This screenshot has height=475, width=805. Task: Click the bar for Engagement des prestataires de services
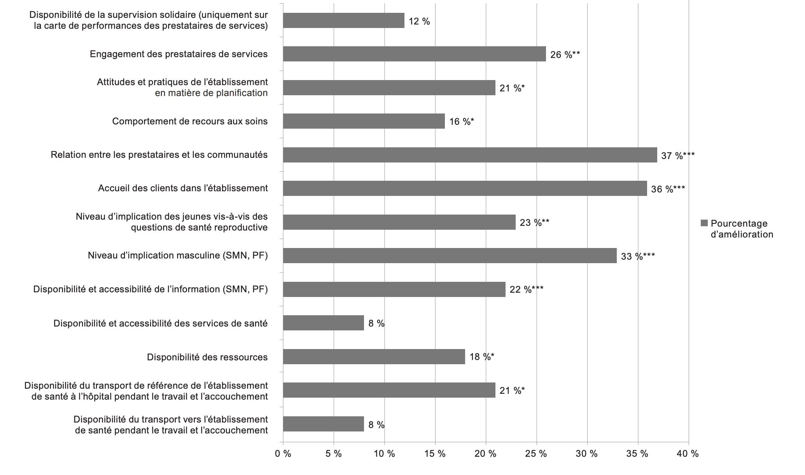click(414, 54)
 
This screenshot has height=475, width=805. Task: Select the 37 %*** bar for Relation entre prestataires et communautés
click(470, 155)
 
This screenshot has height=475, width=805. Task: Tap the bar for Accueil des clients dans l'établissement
click(465, 189)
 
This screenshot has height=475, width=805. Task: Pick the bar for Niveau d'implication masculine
click(450, 256)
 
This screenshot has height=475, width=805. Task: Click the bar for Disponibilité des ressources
click(374, 357)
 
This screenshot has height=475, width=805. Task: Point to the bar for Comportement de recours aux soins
click(364, 121)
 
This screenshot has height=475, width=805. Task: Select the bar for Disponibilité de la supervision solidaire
click(343, 21)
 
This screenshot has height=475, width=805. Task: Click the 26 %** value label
click(565, 55)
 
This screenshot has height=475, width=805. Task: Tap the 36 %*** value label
click(668, 189)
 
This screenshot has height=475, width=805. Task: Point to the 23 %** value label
click(534, 223)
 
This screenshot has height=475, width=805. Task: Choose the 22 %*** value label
click(526, 290)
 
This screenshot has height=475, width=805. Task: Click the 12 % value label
click(419, 21)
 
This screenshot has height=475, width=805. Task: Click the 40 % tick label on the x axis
click(688, 454)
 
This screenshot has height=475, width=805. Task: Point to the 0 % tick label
click(283, 454)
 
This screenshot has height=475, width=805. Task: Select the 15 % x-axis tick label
click(435, 454)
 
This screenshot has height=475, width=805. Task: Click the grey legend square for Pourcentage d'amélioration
click(704, 223)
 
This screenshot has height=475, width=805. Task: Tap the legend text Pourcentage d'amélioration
click(742, 229)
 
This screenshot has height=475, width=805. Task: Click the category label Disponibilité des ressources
click(207, 357)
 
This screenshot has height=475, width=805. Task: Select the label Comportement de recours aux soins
click(190, 121)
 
